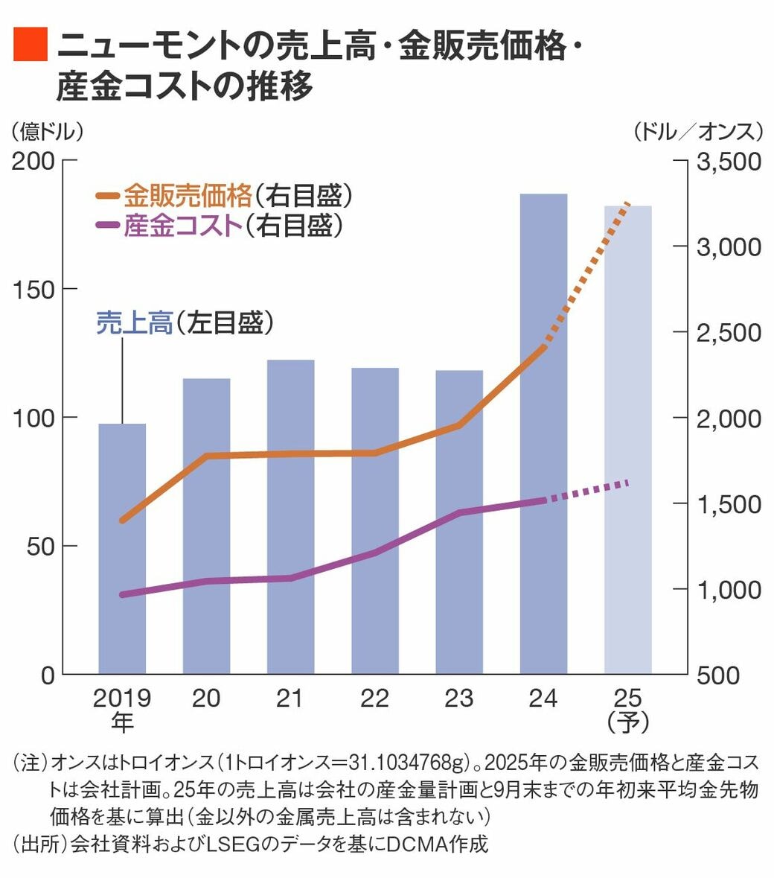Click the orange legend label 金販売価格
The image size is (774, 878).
pyautogui.click(x=188, y=196)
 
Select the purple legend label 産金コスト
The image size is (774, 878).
pyautogui.click(x=183, y=225)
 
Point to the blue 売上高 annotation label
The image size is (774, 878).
pyautogui.click(x=134, y=323)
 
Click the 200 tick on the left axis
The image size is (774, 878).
pyautogui.click(x=33, y=161)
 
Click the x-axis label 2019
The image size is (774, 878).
pyautogui.click(x=122, y=699)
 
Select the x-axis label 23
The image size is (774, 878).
pyautogui.click(x=458, y=699)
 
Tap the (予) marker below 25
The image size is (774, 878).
pyautogui.click(x=627, y=722)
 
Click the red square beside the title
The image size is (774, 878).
pyautogui.click(x=31, y=46)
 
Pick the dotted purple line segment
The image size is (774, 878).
pyautogui.click(x=588, y=492)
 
